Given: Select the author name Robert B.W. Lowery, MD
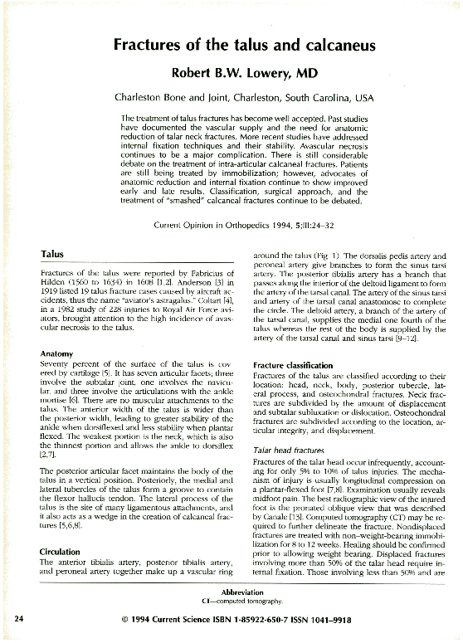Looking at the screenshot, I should click(x=243, y=73).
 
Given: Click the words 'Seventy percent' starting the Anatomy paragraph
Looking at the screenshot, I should click(x=66, y=363).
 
